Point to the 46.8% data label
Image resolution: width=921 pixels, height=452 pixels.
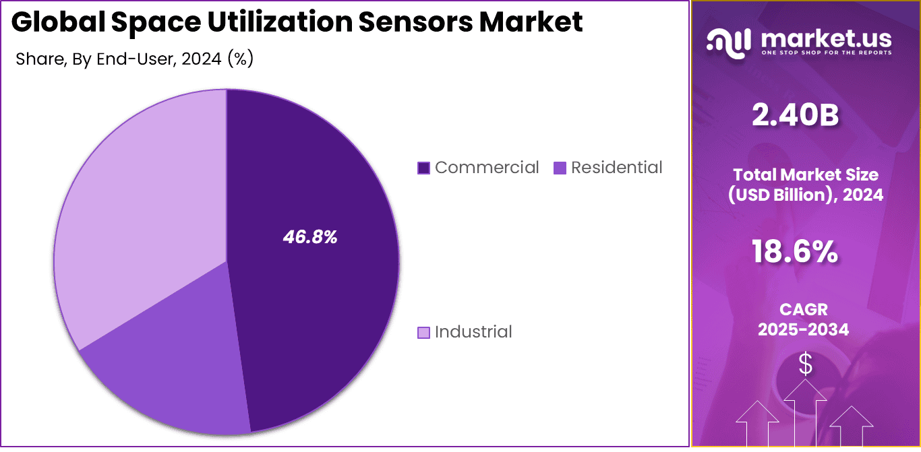pos(309,237)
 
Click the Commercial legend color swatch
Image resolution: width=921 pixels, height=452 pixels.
pos(423,168)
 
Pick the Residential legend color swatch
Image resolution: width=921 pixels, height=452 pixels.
pos(560,168)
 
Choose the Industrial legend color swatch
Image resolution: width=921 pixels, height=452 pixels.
pos(423,332)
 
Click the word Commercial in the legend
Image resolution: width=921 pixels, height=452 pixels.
pos(486,167)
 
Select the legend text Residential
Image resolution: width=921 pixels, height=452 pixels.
pos(616,167)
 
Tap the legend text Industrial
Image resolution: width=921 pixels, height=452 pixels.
pos(473,331)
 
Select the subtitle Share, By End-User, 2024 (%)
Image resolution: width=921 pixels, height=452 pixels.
pos(134,59)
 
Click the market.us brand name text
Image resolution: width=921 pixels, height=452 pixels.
pos(826,38)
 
